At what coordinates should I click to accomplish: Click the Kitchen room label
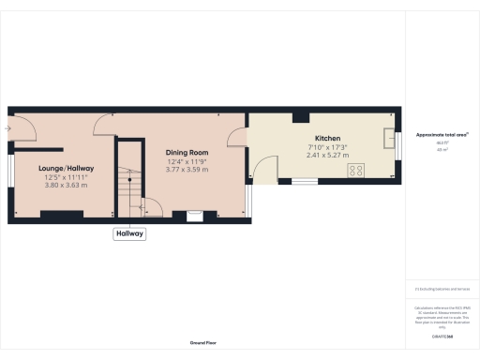click(327, 137)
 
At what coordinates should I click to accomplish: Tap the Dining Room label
click(186, 152)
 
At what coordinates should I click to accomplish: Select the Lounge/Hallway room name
click(66, 168)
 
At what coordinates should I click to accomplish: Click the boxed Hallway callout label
click(129, 233)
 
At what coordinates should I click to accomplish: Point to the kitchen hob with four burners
click(356, 170)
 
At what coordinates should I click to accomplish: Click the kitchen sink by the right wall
click(389, 139)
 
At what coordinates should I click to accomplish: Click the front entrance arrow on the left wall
click(7, 127)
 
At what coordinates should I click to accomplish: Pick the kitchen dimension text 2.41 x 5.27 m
click(327, 155)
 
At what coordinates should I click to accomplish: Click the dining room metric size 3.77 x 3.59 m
click(186, 170)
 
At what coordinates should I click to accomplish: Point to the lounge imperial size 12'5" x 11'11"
click(66, 177)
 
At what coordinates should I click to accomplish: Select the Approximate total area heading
click(442, 135)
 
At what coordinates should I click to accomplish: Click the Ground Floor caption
click(204, 344)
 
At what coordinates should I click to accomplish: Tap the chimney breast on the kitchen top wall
click(300, 117)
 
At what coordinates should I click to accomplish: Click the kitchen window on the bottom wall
click(304, 181)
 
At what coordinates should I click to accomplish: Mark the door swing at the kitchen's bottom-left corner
click(262, 169)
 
